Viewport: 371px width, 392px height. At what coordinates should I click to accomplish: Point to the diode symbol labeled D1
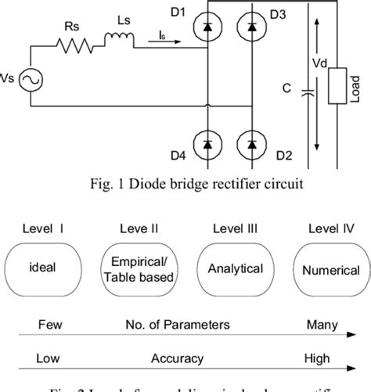[207, 27]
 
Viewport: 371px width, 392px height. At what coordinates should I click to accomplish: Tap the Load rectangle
[338, 85]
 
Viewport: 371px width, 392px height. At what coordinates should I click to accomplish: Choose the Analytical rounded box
[235, 268]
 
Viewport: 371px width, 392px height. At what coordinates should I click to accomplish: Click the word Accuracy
[178, 358]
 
